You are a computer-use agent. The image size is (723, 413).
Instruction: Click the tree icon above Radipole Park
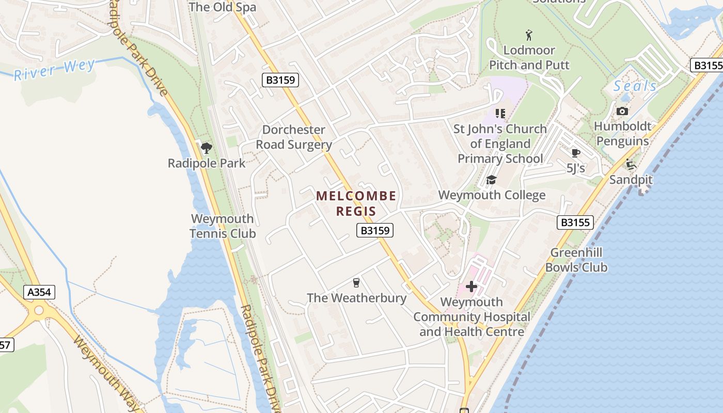(207, 148)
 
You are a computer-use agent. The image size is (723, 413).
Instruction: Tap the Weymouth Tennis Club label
(223, 226)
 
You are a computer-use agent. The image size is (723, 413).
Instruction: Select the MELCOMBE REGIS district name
(356, 203)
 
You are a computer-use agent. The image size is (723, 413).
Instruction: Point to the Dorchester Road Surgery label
(294, 137)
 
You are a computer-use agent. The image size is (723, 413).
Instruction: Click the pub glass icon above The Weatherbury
(356, 282)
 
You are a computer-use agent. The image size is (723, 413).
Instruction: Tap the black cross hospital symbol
(471, 287)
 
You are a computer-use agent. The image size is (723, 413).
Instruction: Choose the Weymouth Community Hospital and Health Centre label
(471, 316)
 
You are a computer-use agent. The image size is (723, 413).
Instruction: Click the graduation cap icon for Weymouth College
(491, 180)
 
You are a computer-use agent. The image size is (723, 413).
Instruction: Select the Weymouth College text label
(492, 195)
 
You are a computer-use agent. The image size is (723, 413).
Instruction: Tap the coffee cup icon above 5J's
(576, 153)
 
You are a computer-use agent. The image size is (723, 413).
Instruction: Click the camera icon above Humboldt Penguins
(622, 111)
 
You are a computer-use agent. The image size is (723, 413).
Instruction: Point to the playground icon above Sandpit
(631, 165)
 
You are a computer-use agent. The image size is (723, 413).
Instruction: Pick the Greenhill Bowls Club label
(576, 260)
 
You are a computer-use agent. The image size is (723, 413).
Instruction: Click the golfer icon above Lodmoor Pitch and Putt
(529, 35)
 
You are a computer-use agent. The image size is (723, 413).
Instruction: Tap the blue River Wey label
(54, 70)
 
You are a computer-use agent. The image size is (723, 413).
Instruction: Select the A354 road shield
(39, 292)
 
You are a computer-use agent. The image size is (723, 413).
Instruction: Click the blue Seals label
(635, 86)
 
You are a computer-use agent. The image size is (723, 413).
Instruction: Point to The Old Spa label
(222, 7)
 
